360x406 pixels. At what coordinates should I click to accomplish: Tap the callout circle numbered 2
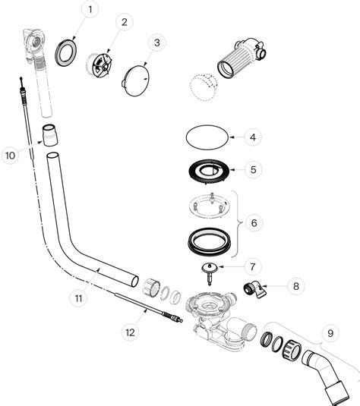pyautogui.click(x=122, y=22)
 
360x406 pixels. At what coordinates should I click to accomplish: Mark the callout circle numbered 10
pyautogui.click(x=10, y=155)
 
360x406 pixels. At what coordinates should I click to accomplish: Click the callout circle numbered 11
pyautogui.click(x=78, y=298)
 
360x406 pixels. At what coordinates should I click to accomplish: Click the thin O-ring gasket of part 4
pyautogui.click(x=207, y=138)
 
